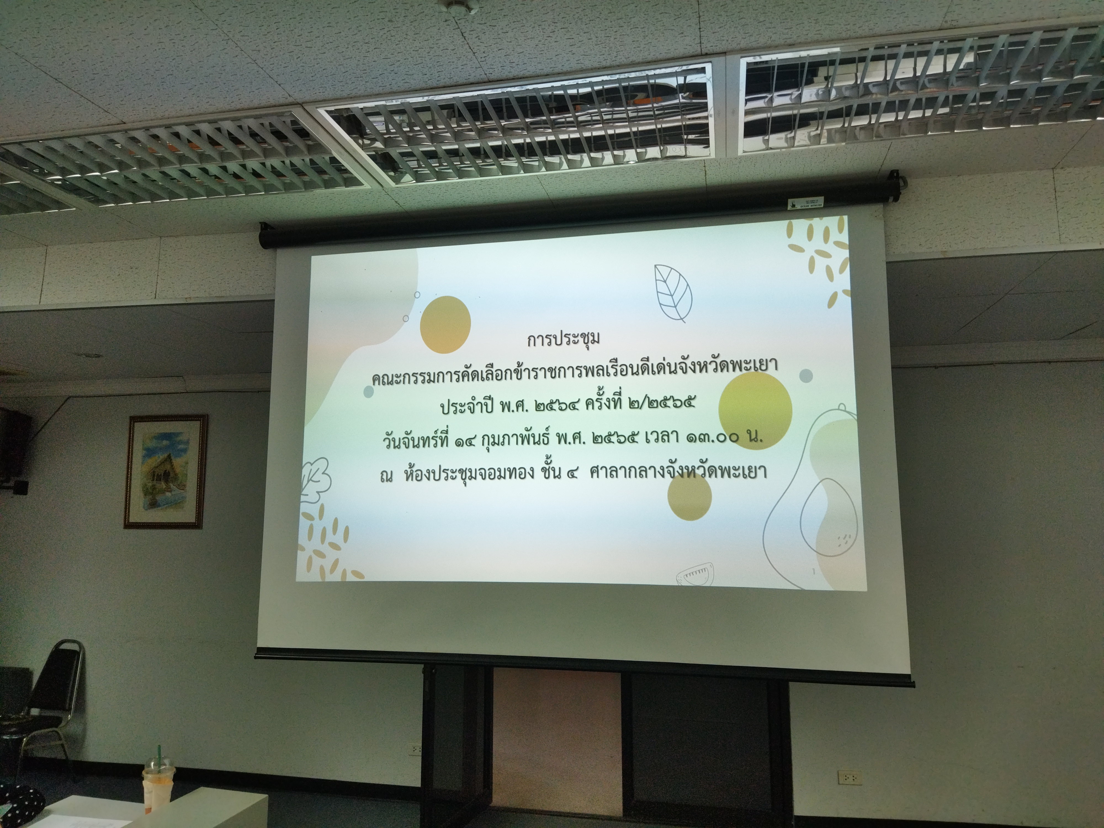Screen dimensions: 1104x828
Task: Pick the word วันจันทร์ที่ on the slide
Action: click(412, 441)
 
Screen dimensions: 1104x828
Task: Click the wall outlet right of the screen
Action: click(850, 776)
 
